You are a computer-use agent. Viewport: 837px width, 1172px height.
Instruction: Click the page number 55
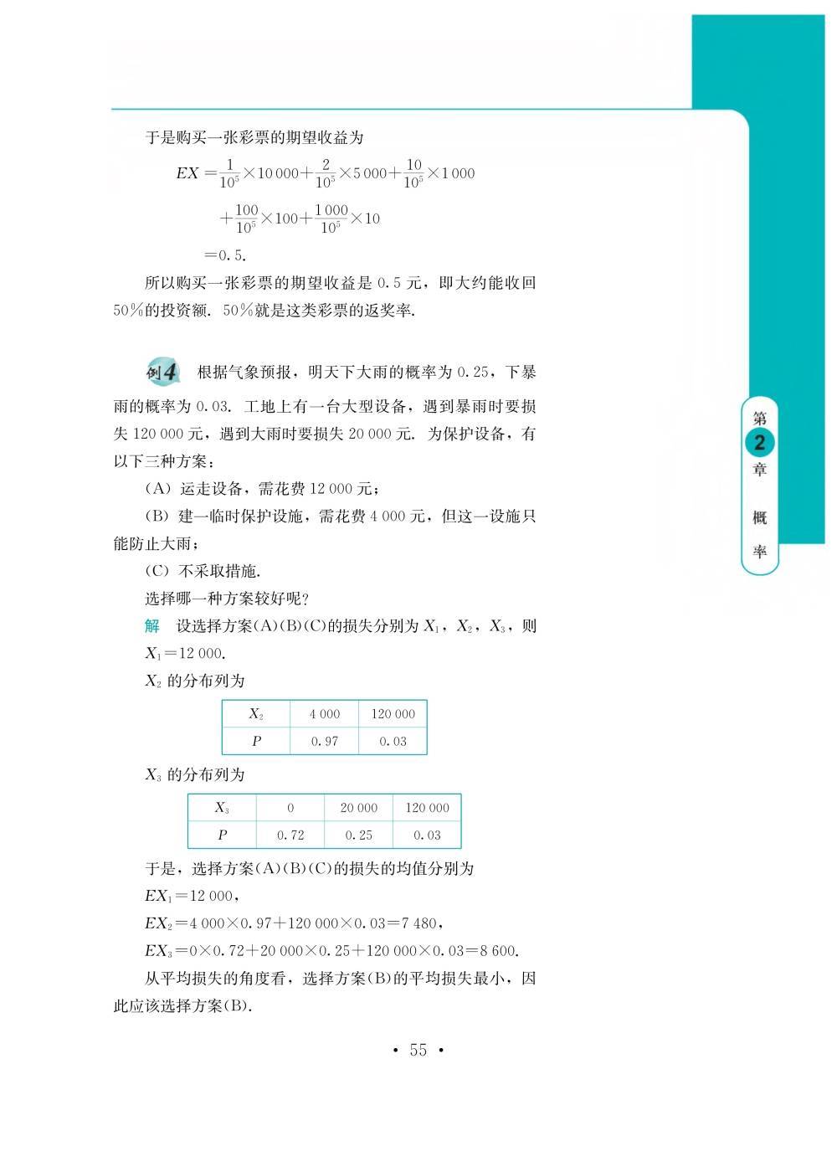418,1050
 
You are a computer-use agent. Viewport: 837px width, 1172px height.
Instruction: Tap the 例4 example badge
162,372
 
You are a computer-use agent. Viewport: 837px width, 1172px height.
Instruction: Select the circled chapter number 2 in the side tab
760,443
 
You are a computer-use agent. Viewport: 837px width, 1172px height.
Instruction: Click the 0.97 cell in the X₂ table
325,741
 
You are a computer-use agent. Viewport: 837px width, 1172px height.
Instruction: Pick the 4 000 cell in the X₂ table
325,714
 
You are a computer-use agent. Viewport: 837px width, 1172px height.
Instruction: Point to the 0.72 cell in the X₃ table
290,835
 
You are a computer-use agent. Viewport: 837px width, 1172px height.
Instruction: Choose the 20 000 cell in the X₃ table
359,808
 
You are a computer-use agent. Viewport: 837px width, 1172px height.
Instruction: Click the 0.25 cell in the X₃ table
359,835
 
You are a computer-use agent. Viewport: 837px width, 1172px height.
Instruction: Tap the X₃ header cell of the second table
222,808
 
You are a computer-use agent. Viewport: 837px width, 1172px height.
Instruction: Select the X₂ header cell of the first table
256,714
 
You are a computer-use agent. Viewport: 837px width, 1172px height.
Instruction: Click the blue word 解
151,626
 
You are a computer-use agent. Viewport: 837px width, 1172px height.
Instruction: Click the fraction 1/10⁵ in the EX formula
230,173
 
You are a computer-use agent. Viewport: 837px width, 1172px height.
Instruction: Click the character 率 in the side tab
760,552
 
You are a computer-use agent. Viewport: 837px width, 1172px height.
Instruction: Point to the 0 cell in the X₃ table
290,808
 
